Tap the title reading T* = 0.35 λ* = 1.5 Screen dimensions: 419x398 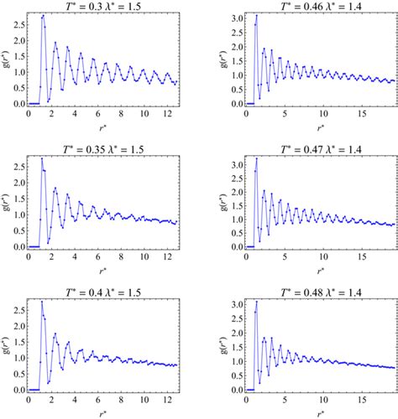click(105, 148)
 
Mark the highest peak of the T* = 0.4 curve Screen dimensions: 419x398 click(42, 301)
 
